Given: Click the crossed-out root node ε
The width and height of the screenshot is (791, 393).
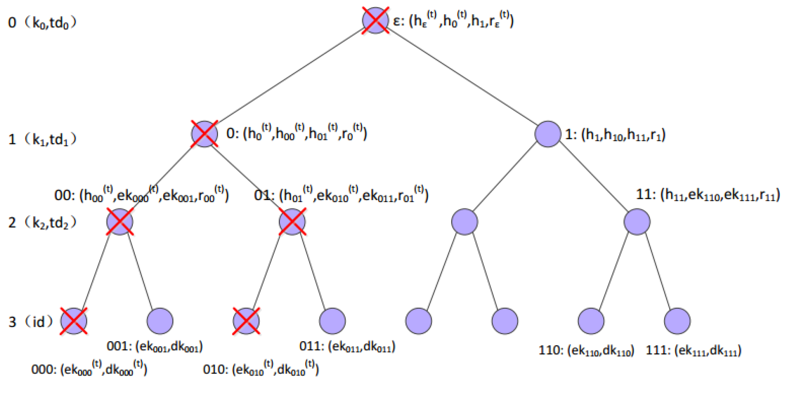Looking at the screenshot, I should point(375,20).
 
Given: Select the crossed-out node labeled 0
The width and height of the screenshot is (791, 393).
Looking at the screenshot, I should point(204,134).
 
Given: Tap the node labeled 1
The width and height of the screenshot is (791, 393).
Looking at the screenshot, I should point(547,134).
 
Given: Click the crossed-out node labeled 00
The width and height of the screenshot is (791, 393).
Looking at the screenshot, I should point(120,222).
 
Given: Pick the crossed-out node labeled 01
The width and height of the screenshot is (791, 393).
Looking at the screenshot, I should point(292,222).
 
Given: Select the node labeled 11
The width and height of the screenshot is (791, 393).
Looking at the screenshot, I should point(637,222).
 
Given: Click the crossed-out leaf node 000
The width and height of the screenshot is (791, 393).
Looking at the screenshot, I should point(74,321).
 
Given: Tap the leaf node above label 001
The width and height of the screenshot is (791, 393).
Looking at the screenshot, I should point(160,321).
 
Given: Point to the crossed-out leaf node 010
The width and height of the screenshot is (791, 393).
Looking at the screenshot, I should point(246,321).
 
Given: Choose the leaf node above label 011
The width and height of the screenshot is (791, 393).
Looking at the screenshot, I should point(332,321).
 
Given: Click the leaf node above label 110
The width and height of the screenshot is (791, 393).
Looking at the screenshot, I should point(591,321).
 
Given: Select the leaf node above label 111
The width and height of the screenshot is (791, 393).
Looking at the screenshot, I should point(677,321).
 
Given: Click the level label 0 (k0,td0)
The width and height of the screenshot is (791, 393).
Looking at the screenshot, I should point(42,23).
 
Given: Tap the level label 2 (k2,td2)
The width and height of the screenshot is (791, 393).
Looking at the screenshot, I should point(42,223).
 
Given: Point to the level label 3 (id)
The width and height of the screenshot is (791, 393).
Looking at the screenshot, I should point(31,322).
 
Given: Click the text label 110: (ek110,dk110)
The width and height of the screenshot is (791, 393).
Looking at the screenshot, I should point(586,350).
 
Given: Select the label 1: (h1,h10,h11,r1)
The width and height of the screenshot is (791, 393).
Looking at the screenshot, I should point(615,134).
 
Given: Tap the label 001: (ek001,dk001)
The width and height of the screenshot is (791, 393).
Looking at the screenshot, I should point(154,347).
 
